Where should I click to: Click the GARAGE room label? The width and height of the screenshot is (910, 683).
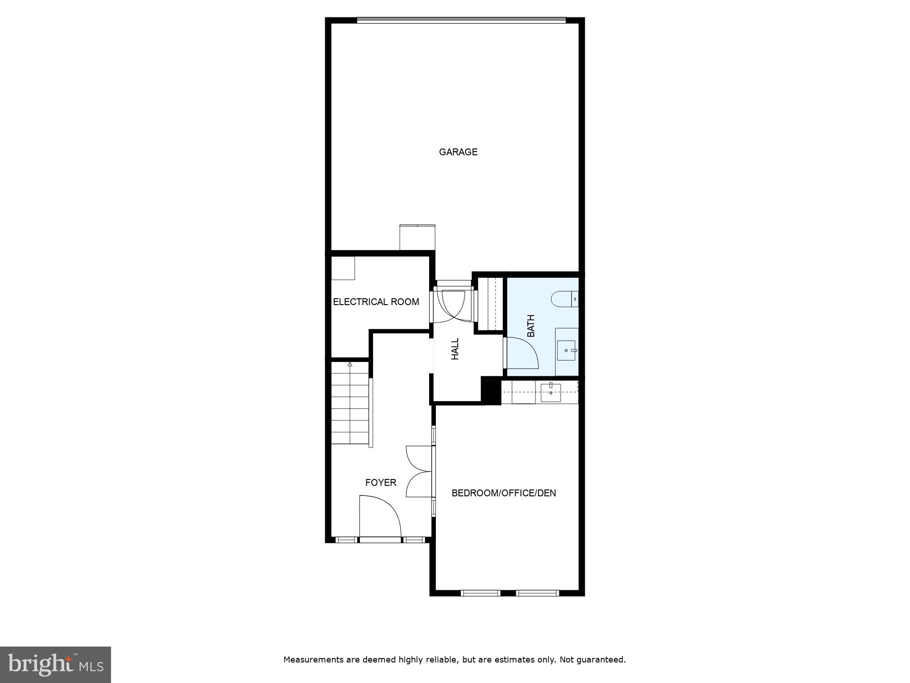coord(458,152)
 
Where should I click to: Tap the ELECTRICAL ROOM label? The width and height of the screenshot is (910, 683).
coord(376,302)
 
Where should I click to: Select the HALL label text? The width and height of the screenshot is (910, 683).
coord(455,349)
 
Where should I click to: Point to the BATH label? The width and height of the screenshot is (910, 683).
coord(531,326)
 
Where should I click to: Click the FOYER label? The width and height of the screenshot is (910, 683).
coord(381,483)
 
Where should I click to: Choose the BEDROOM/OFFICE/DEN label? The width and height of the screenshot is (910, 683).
coord(504,493)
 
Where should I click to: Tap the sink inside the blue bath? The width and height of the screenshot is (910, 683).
coord(566,351)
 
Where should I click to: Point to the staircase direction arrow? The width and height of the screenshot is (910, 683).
coord(350,364)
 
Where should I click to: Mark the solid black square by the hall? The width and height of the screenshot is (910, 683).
coord(491,392)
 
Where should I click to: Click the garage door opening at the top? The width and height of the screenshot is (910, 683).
coord(461,20)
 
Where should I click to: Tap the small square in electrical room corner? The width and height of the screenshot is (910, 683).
coord(343,268)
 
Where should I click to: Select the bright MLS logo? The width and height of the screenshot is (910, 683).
coord(56,664)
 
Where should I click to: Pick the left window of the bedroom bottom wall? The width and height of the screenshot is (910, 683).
coord(480,593)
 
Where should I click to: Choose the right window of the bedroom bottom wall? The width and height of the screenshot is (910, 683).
coord(537,593)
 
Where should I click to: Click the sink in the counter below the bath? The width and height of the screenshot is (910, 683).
coord(551,392)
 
